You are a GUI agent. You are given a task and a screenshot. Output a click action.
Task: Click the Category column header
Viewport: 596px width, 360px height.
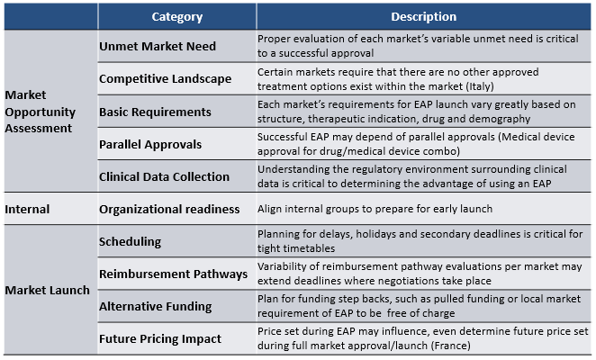click(x=177, y=17)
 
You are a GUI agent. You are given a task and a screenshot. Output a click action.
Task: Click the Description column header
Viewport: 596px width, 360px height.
click(x=423, y=17)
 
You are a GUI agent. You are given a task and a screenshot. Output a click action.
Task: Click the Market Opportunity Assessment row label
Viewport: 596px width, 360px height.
click(x=40, y=112)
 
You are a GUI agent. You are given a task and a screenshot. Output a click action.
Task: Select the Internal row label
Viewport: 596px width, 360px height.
click(x=27, y=209)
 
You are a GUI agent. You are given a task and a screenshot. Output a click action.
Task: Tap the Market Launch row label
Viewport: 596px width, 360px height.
click(x=47, y=290)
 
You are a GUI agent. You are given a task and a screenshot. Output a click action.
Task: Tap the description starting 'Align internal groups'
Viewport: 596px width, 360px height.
click(x=375, y=209)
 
